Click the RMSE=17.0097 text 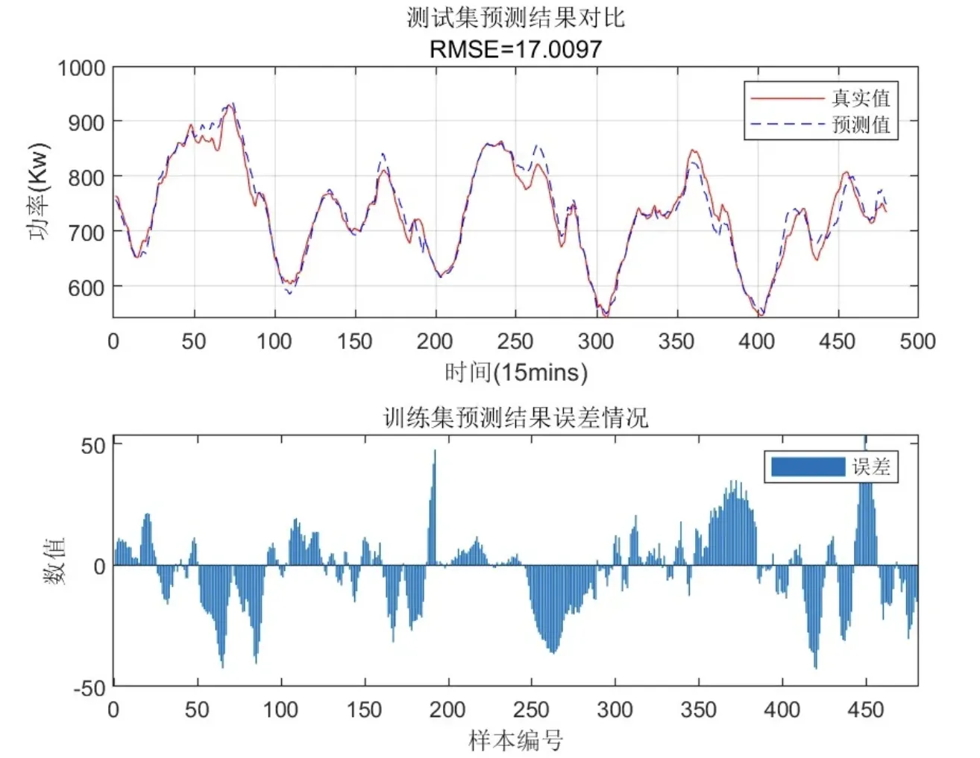(515, 49)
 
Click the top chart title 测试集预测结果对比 (515, 17)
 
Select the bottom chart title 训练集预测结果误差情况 (515, 417)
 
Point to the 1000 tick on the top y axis (81, 68)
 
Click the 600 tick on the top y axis (87, 287)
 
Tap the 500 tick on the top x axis (917, 341)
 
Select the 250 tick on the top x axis (515, 341)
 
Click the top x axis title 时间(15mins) (515, 372)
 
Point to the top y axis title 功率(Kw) (38, 192)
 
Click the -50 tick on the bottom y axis (89, 687)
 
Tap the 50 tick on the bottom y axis (93, 446)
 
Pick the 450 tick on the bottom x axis (865, 710)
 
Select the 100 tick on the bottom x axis (280, 710)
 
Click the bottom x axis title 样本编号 (515, 740)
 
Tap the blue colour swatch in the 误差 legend (808, 467)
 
